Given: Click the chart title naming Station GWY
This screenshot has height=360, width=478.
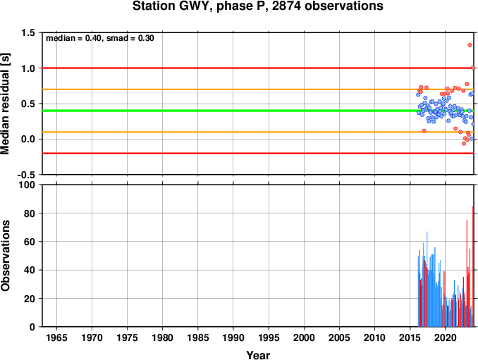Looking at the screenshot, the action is (257, 6).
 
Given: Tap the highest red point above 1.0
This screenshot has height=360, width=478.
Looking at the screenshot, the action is (470, 45).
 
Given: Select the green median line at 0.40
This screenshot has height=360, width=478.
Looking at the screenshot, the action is (232, 111).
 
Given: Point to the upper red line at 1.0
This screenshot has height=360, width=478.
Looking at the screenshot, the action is (257, 68).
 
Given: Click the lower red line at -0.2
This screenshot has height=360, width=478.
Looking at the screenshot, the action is (258, 153).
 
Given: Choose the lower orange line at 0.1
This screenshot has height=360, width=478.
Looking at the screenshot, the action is (258, 132).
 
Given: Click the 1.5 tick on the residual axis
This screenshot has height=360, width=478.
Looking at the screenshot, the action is (28, 32).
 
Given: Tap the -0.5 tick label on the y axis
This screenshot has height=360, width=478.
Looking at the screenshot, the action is (26, 175).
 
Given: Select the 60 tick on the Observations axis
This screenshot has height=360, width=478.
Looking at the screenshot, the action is (30, 242).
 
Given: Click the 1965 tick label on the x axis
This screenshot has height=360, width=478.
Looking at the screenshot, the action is (56, 337).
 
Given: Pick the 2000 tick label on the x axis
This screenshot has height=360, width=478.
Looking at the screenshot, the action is (304, 337).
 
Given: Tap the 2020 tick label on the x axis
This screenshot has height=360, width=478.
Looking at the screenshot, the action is (445, 337).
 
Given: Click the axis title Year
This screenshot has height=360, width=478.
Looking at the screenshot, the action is (258, 355).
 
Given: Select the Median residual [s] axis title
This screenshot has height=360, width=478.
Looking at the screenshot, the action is (5, 104).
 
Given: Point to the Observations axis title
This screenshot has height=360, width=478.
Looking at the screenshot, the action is (5, 256).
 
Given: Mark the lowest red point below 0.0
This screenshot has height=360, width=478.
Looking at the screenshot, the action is (464, 143).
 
